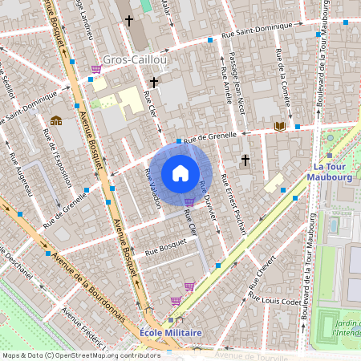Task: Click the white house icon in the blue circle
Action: (180, 173)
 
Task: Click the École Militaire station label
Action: (170, 332)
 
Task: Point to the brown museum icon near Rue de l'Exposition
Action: (56, 120)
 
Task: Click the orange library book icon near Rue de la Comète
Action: (279, 126)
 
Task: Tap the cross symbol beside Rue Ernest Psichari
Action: (245, 160)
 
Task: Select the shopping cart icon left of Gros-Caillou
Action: (96, 70)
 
